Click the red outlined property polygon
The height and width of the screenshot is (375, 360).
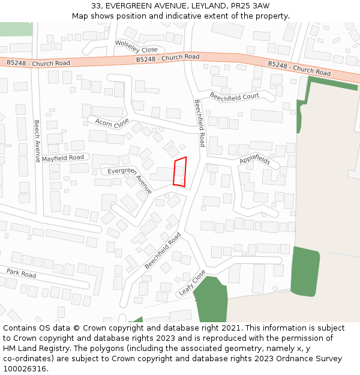point(180,172)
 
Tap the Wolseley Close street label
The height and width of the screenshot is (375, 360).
point(136,46)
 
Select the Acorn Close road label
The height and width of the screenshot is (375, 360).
point(112,122)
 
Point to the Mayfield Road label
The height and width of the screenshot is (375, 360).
point(63,158)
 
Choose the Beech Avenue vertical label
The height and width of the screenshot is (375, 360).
point(37,137)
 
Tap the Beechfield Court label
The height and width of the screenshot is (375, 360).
point(234,96)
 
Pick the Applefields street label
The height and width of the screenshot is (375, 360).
point(255,160)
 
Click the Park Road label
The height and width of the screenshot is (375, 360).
point(22,274)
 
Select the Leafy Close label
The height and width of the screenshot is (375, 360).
point(191,284)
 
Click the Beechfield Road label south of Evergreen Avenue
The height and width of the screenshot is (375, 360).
point(163,250)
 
